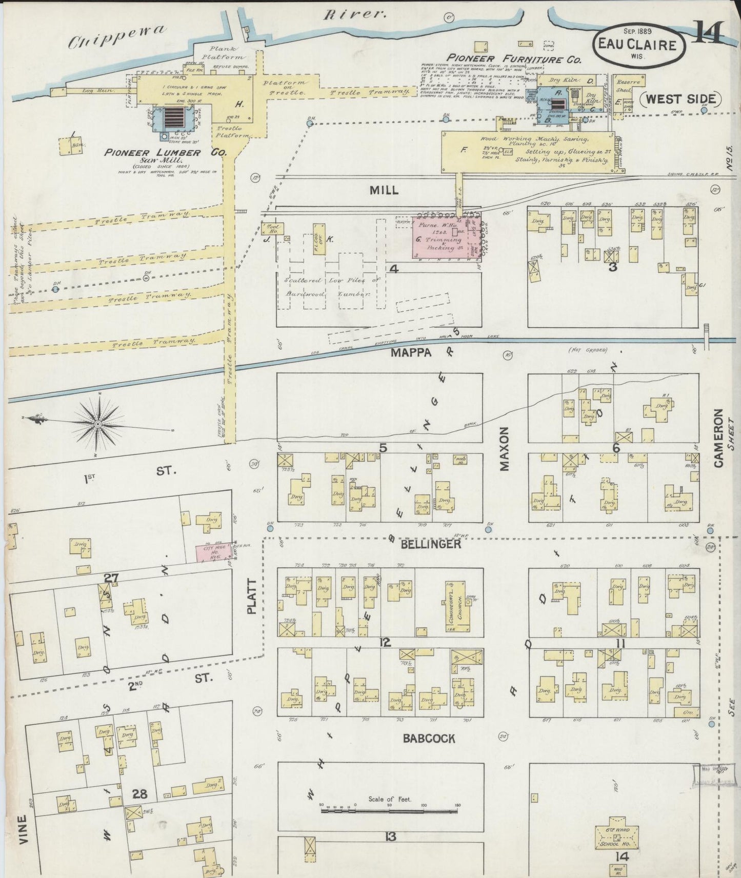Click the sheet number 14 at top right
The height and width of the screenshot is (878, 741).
pos(710,35)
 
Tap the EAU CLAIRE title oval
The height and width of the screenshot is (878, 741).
pos(641,45)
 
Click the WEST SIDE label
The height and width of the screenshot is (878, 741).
pos(682,99)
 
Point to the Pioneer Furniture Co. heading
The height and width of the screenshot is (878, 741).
pos(514,59)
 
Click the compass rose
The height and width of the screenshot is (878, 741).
pos(97,424)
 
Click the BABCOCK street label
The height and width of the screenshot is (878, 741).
pos(429,739)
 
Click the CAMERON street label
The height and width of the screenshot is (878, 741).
pos(718,438)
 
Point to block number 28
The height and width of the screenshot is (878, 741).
pos(139,794)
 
